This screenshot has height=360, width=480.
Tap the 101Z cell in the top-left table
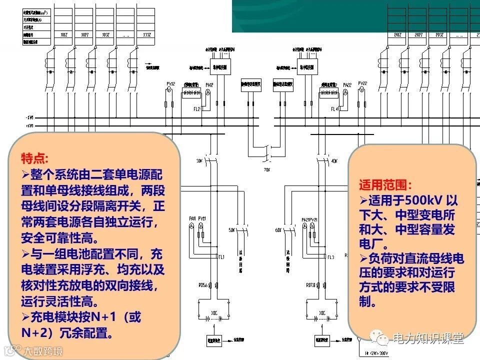63,35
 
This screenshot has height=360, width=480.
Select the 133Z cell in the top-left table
147,35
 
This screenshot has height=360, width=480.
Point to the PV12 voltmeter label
170,83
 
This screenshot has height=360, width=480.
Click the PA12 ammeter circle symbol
209,92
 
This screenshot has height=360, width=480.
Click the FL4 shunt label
334,108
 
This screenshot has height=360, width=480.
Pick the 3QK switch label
199,161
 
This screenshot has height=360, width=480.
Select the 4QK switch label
334,161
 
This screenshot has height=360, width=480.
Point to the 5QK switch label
231,230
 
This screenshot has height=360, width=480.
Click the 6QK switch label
278,230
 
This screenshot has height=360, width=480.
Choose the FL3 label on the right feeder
330,257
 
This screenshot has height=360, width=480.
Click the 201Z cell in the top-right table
397,35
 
